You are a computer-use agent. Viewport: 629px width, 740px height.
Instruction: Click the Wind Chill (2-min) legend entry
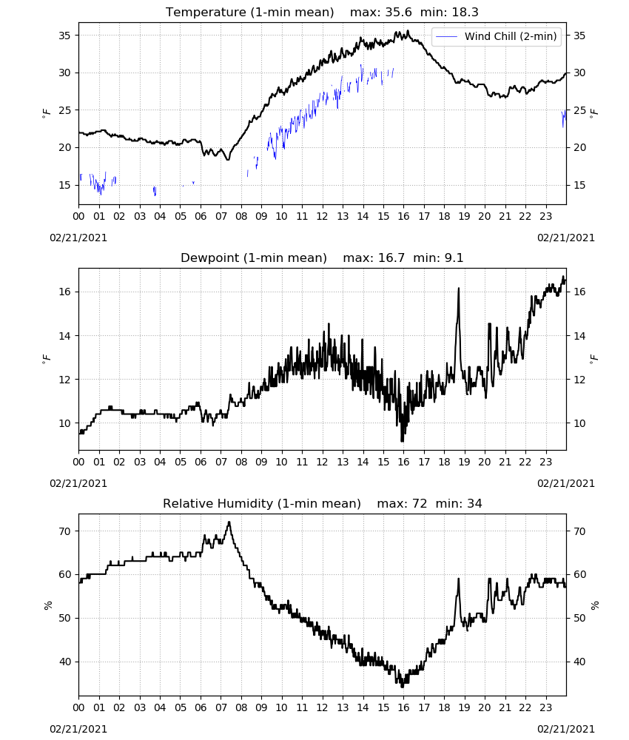(x=497, y=36)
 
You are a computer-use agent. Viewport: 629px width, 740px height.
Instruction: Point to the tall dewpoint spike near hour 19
(x=458, y=289)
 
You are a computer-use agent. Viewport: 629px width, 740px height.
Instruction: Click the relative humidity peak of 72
(x=229, y=522)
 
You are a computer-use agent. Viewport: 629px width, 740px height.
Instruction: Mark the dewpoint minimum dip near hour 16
(x=402, y=441)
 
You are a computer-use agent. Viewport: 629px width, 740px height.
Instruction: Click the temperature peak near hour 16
(x=408, y=32)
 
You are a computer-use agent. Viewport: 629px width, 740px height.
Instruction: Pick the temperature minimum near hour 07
(x=228, y=160)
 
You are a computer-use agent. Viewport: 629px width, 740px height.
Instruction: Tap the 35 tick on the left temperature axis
(x=64, y=36)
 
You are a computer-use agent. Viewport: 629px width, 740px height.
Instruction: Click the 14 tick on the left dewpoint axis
(x=64, y=336)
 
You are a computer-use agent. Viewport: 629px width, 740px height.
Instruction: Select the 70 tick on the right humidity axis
(x=579, y=531)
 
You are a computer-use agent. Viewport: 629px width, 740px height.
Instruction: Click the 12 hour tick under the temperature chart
(x=322, y=216)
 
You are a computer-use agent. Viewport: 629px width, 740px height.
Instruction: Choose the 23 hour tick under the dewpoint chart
(x=545, y=462)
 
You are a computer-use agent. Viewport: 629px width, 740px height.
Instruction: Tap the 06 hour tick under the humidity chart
(x=201, y=708)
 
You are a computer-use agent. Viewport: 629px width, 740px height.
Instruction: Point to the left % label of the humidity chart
(x=47, y=605)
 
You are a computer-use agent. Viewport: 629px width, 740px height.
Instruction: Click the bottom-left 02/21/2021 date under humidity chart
(x=78, y=729)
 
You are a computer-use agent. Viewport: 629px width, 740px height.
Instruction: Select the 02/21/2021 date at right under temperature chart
(x=566, y=238)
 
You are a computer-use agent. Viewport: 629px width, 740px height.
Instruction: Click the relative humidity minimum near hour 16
(x=402, y=686)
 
